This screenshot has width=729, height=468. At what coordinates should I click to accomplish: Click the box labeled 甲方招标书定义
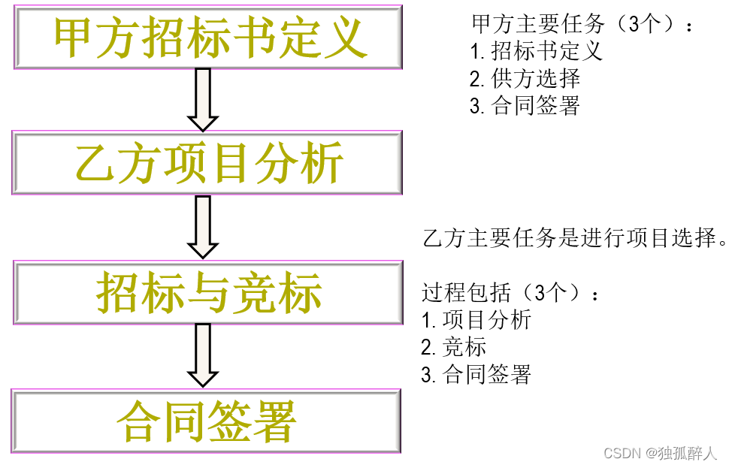point(207,36)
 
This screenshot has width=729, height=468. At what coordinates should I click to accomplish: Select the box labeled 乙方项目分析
point(207,162)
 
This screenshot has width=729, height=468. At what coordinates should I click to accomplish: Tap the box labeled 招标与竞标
point(207,292)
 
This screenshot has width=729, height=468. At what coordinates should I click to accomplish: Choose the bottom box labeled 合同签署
point(207,421)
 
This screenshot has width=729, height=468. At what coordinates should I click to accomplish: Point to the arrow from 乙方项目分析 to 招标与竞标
point(202,227)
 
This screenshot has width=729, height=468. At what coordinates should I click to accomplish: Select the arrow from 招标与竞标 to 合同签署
point(202,355)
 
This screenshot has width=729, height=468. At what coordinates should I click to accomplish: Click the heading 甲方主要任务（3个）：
point(582,24)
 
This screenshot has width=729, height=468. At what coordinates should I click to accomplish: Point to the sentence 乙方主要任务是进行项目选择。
point(575,238)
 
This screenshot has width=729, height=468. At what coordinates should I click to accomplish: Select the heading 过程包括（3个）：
point(511,292)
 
